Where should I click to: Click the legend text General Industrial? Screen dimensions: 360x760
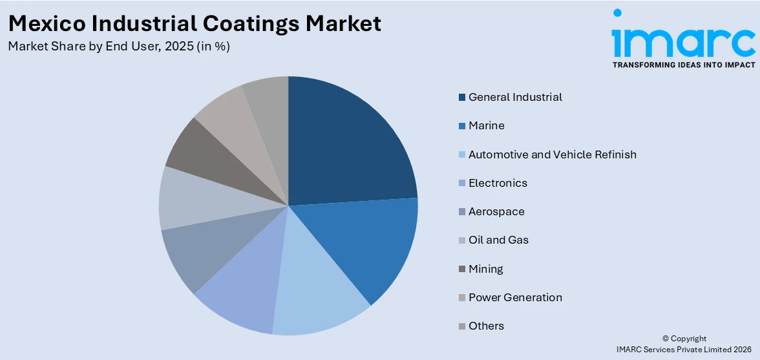[x=515, y=97]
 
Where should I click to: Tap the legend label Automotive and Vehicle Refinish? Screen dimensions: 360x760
[x=552, y=154]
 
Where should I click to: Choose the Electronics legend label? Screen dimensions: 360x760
[x=498, y=183]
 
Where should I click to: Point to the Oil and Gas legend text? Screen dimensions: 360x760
[x=498, y=240]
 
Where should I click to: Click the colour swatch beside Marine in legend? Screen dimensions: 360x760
[x=462, y=126]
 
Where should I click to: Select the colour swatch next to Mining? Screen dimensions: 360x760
[x=462, y=269]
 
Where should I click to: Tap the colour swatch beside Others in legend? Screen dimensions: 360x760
[x=462, y=326]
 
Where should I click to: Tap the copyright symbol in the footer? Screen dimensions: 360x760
[x=666, y=339]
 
